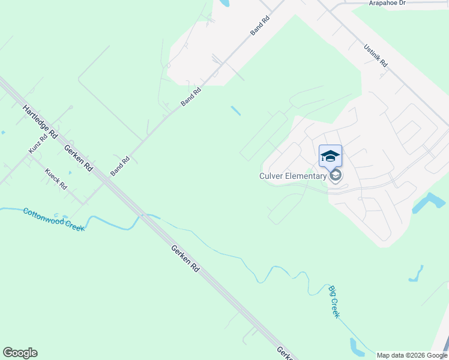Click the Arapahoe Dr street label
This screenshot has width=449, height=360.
tap(388, 3)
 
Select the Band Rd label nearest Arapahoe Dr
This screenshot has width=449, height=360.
tap(261, 25)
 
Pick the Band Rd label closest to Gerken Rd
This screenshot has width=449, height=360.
tap(120, 166)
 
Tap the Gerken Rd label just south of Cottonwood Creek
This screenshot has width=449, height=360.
tap(184, 259)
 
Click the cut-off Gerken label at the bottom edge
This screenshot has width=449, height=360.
tap(285, 353)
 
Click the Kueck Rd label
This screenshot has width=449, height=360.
tap(56, 178)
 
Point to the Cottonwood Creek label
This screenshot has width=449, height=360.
tap(53, 220)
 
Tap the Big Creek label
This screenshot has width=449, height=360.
tap(334, 302)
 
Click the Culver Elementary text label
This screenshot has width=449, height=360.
tap(293, 176)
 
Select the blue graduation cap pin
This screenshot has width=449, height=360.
tap(330, 156)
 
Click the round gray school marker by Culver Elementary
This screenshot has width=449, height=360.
tap(336, 175)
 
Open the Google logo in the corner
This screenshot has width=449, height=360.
tap(20, 353)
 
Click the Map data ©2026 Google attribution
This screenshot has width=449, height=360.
tap(411, 355)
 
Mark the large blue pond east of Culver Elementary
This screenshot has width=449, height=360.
tap(430, 203)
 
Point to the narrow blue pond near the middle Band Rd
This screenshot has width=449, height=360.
tap(236, 111)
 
